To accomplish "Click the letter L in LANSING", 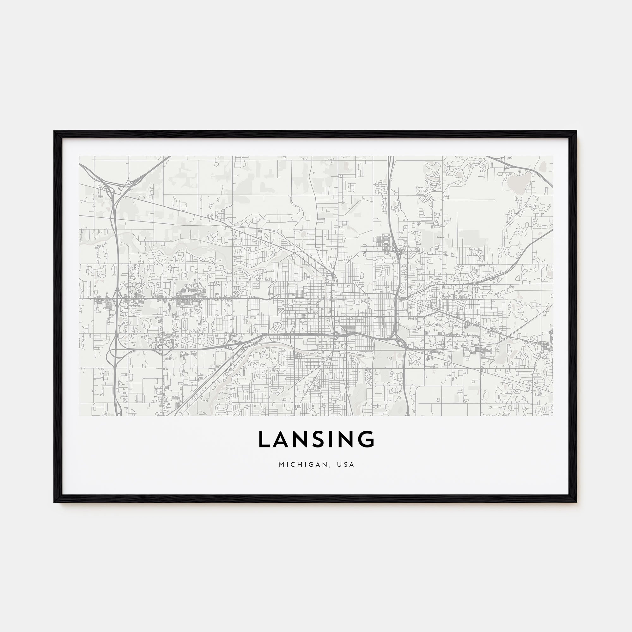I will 264,439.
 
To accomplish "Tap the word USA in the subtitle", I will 347,465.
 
